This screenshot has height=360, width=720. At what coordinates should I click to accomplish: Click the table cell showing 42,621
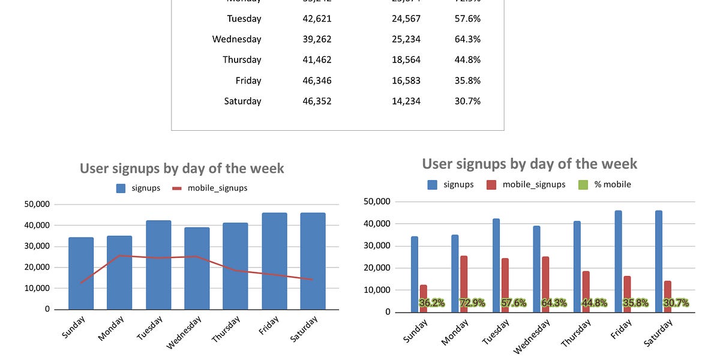click(x=317, y=19)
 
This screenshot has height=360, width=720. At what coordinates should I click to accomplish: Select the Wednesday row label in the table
click(x=236, y=39)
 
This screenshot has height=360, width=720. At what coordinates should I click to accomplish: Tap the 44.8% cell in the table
click(x=467, y=59)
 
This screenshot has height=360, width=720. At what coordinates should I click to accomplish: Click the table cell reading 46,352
click(x=317, y=101)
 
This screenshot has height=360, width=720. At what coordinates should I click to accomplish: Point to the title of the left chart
click(x=182, y=169)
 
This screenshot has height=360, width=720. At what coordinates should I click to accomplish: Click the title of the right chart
click(x=529, y=164)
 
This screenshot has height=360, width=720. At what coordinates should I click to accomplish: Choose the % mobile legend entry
click(x=613, y=184)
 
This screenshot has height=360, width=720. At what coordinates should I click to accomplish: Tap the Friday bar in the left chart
click(x=274, y=261)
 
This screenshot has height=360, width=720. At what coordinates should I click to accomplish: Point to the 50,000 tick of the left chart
click(x=37, y=204)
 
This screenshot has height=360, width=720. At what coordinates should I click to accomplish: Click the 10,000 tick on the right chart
click(x=378, y=290)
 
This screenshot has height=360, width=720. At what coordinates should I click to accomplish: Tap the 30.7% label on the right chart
click(x=676, y=303)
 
